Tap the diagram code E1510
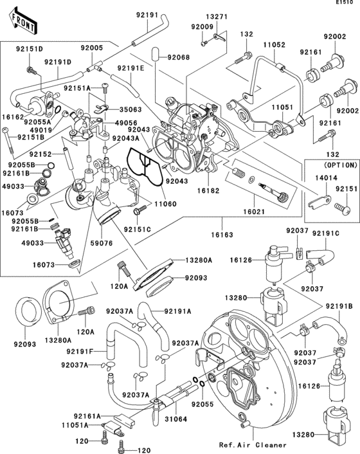point(347,4)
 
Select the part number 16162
point(13,118)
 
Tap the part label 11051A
point(86,425)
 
